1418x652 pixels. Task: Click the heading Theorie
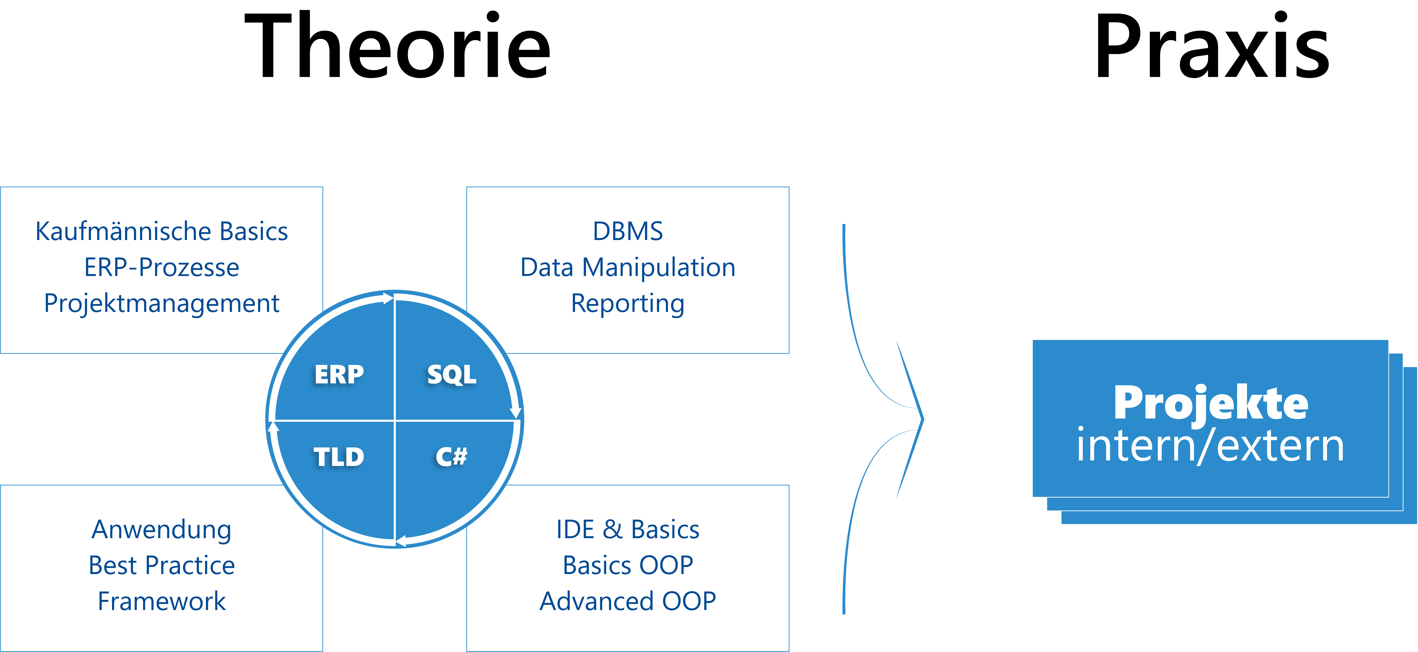397,46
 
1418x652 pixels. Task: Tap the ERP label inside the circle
339,375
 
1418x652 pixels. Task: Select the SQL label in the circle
451,375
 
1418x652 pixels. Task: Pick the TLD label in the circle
339,457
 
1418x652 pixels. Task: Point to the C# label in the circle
451,457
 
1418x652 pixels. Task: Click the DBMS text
628,231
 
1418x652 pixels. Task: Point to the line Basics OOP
628,566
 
